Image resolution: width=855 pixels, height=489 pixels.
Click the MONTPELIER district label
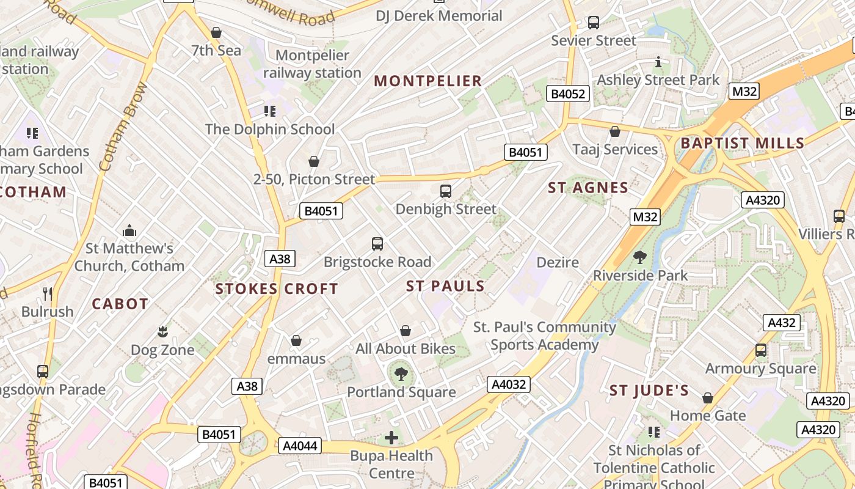tap(428, 81)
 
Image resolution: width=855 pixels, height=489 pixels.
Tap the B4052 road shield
tap(568, 94)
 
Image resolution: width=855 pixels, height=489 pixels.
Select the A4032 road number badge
tap(508, 384)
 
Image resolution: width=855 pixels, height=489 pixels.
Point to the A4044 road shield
tap(299, 446)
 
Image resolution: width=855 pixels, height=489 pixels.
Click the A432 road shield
tap(781, 323)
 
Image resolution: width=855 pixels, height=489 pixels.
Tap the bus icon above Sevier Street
tap(593, 23)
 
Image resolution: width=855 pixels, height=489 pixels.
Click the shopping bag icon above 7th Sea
tap(216, 32)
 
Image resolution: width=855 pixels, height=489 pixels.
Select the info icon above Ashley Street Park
tap(658, 62)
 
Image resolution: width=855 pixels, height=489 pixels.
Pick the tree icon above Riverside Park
tap(640, 257)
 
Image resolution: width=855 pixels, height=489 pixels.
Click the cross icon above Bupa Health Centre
tap(391, 438)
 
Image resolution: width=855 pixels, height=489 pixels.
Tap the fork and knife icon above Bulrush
tap(48, 293)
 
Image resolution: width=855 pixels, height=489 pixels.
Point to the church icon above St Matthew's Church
tap(129, 230)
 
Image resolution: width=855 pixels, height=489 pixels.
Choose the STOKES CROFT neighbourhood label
tap(277, 289)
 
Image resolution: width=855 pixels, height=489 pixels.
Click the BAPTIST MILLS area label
tap(742, 143)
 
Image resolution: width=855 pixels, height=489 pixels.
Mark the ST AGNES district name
tap(588, 188)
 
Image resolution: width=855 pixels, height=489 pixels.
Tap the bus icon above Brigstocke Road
tap(377, 244)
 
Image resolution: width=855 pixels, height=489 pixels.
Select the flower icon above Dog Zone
tap(162, 332)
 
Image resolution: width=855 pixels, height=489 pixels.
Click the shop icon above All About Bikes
tap(405, 331)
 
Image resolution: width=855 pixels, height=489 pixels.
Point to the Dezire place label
tap(557, 262)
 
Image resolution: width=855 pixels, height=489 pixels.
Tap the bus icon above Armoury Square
tap(761, 350)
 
